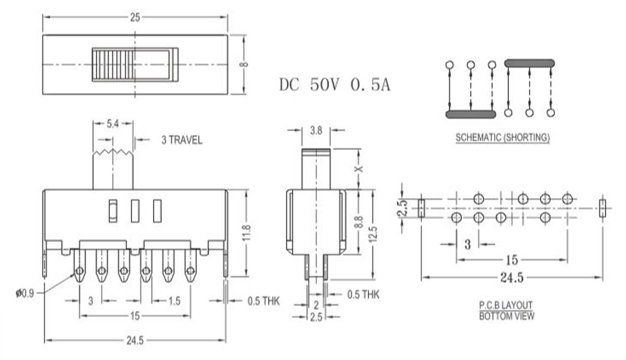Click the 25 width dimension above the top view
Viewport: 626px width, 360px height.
(135, 18)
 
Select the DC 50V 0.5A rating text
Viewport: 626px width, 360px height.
(335, 85)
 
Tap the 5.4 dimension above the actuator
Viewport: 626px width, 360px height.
(112, 124)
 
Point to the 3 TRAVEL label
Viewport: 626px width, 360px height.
(181, 141)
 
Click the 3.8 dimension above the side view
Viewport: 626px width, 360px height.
(316, 129)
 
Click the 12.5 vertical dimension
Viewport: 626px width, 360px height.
(373, 234)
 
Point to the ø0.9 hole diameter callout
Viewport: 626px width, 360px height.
(25, 293)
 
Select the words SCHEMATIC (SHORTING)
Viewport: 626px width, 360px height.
(502, 138)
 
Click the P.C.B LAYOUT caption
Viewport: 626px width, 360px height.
(506, 305)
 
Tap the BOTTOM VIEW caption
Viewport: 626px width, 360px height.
(506, 316)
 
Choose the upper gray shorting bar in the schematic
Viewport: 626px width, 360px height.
(529, 63)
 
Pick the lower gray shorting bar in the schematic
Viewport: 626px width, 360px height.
(471, 114)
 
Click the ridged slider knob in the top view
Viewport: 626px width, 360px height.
(113, 64)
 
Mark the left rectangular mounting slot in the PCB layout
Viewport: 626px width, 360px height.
(422, 208)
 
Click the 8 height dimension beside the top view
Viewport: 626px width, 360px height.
(244, 64)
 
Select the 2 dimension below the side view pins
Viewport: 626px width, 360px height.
(316, 305)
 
